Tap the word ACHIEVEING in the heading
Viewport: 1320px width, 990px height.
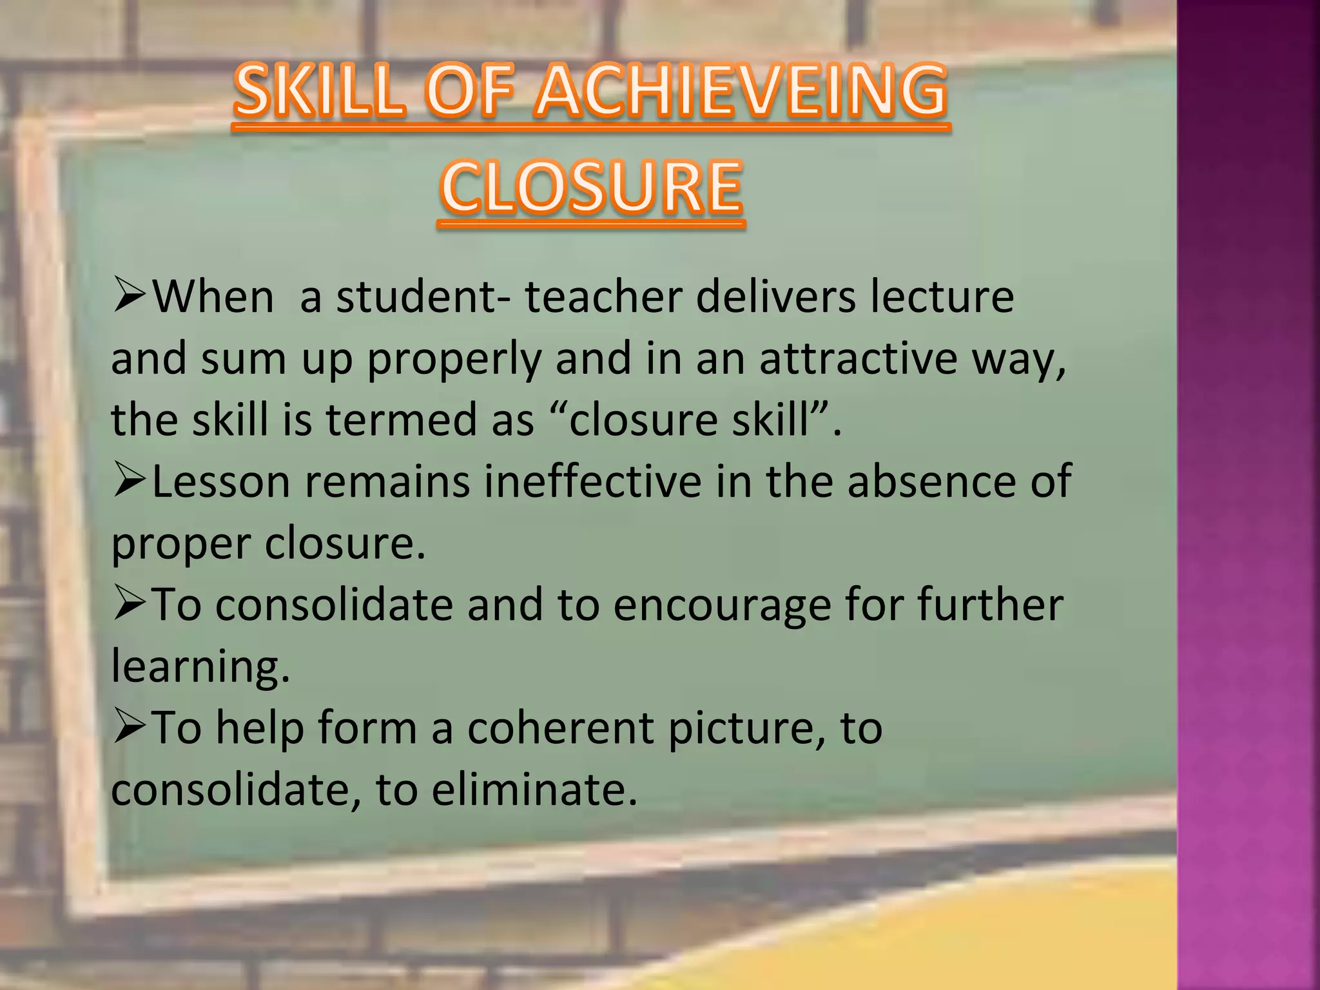point(741,92)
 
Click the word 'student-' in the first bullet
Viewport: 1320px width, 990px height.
point(424,297)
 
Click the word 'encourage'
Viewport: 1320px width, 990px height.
point(722,606)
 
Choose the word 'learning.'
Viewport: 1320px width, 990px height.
point(200,666)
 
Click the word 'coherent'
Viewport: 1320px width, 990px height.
point(560,728)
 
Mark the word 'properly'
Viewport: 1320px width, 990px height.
point(454,360)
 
